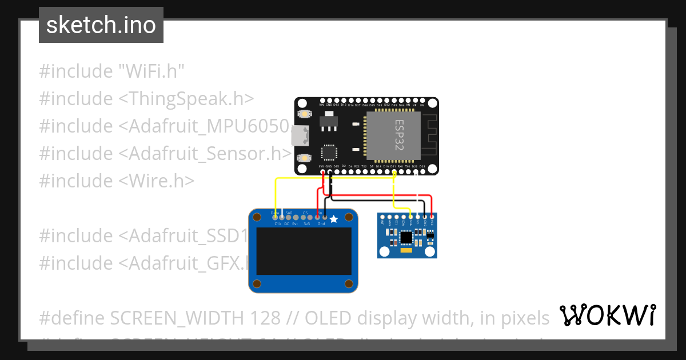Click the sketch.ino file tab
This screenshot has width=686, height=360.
click(101, 25)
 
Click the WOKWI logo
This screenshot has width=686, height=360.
click(607, 315)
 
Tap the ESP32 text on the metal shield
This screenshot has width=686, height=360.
click(399, 136)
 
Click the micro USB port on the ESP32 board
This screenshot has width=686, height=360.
click(298, 136)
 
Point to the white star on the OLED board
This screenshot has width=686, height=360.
click(334, 219)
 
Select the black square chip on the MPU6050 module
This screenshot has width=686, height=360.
click(406, 237)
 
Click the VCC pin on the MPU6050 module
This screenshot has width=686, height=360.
click(432, 217)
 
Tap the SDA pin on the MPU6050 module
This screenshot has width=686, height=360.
click(411, 217)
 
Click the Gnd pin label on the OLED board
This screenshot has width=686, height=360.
click(321, 224)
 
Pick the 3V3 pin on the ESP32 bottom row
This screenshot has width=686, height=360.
click(322, 171)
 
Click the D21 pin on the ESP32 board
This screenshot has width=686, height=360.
click(394, 171)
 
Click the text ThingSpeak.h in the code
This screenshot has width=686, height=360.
click(186, 99)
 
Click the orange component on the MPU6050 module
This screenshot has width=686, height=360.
click(406, 250)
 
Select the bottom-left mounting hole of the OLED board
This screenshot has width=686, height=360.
click(257, 284)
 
